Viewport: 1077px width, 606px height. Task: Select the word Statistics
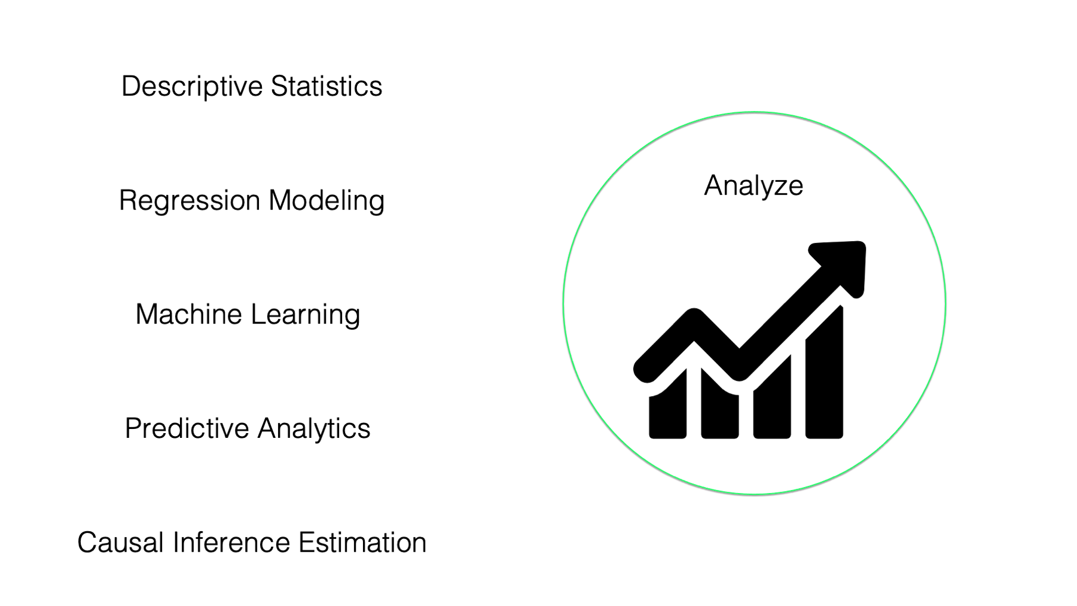[x=327, y=86]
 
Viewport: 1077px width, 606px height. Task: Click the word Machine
[x=188, y=315]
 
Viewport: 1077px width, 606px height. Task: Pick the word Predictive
[x=187, y=429]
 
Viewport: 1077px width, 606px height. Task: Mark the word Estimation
[x=362, y=543]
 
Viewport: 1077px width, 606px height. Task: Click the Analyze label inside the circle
[x=753, y=186]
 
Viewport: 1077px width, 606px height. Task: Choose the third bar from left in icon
[x=772, y=397]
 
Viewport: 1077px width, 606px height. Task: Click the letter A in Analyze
[x=714, y=185]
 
